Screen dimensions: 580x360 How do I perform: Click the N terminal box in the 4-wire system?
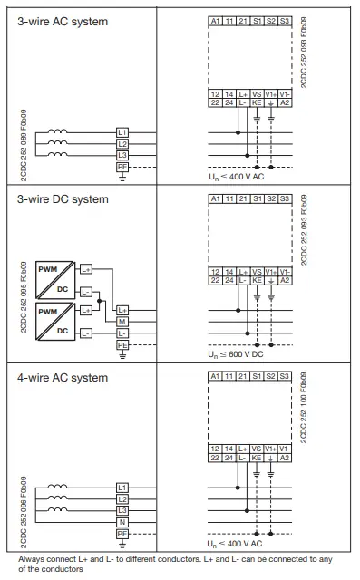[x=123, y=522]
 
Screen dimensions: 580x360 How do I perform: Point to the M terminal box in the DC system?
[x=123, y=323]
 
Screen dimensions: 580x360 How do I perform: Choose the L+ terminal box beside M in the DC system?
[x=123, y=311]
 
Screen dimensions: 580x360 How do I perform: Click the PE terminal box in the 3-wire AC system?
[x=123, y=167]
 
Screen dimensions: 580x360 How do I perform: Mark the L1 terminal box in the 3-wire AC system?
[x=123, y=132]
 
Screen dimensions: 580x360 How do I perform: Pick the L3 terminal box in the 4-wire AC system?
[x=123, y=510]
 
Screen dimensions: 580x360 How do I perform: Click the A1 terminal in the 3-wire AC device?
[x=215, y=20]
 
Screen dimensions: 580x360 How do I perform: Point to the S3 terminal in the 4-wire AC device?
[x=286, y=376]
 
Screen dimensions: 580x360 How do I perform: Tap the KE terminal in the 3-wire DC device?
[x=257, y=281]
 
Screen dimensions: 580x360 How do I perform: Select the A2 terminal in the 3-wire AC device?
[x=286, y=102]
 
